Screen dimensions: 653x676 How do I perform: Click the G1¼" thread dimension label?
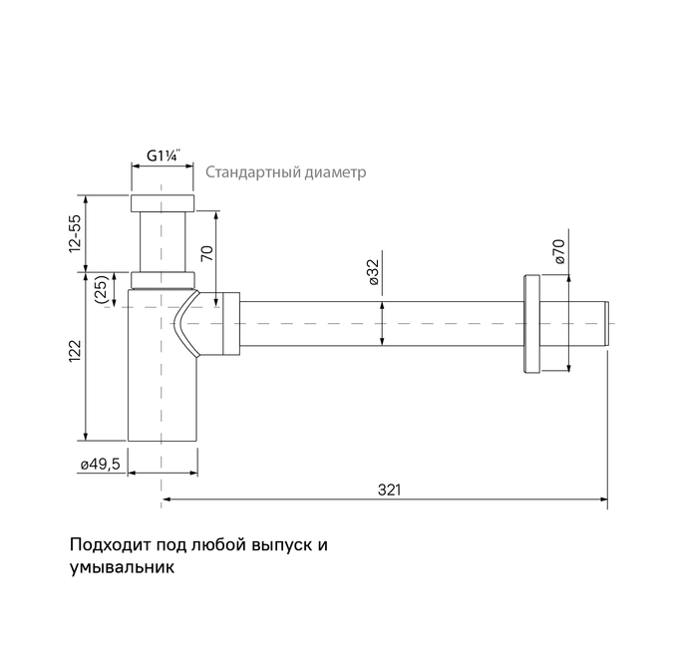pos(163,156)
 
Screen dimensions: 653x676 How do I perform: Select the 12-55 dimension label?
pos(75,233)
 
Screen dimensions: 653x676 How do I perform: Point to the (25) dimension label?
pos(100,289)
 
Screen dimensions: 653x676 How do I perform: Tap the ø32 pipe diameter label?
pos(371,271)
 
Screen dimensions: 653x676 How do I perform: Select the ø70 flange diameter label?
pos(558,250)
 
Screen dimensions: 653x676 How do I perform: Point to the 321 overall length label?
pos(390,489)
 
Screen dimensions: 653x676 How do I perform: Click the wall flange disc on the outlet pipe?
pos(529,323)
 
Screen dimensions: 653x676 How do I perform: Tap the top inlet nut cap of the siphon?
pos(162,203)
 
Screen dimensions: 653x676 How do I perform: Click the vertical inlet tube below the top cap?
pos(162,239)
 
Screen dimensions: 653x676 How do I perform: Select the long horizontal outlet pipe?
pos(379,323)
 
